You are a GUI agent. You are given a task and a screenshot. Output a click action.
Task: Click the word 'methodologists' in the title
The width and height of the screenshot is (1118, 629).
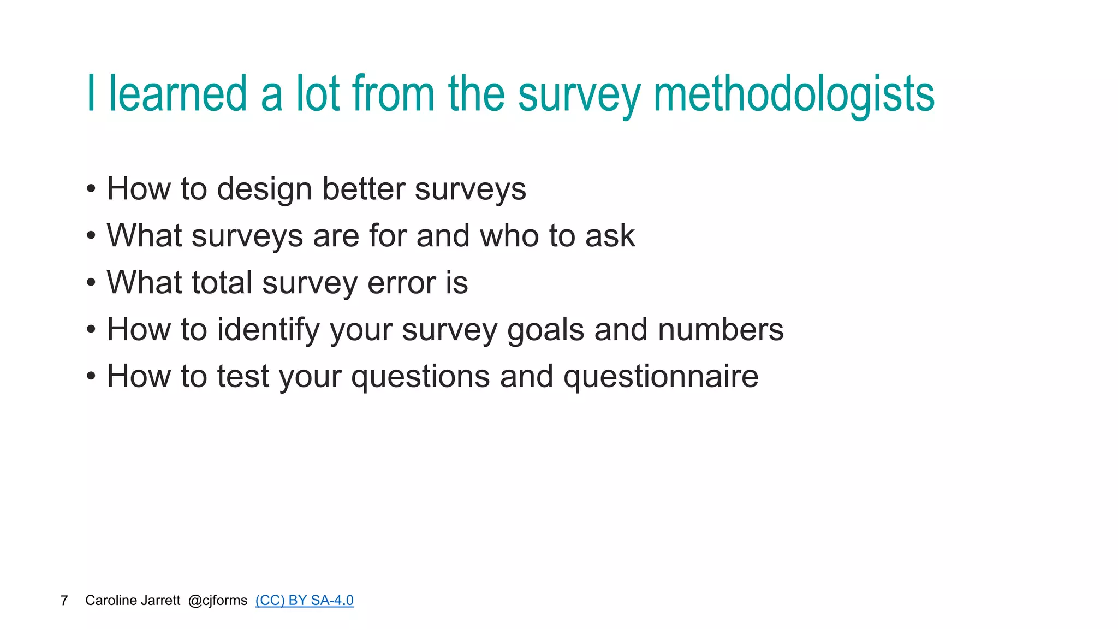(x=794, y=94)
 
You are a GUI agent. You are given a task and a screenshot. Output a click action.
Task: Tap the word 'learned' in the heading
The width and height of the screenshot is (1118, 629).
(x=178, y=94)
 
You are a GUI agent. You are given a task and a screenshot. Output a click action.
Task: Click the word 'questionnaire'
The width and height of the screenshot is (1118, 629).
(x=661, y=377)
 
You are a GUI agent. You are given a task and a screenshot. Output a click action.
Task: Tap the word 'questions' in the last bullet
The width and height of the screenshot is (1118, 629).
(x=420, y=377)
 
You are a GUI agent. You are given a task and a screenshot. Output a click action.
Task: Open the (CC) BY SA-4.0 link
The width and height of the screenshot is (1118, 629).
(x=304, y=600)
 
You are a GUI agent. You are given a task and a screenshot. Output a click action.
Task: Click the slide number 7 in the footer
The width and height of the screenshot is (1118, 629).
(x=64, y=601)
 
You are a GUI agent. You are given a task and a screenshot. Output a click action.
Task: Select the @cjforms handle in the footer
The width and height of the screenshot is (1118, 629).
(x=217, y=601)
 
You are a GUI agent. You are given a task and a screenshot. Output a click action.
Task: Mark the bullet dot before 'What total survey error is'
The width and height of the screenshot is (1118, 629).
(x=91, y=283)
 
